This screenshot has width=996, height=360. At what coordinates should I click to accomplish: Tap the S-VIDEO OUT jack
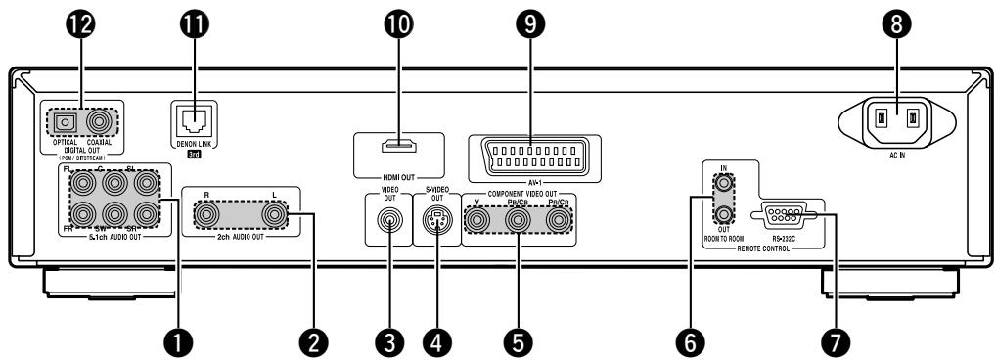[435, 221]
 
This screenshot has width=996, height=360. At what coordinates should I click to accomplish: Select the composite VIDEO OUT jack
[389, 221]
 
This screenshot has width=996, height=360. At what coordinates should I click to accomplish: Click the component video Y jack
[477, 221]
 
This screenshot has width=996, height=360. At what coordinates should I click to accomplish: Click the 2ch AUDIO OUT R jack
[207, 212]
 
